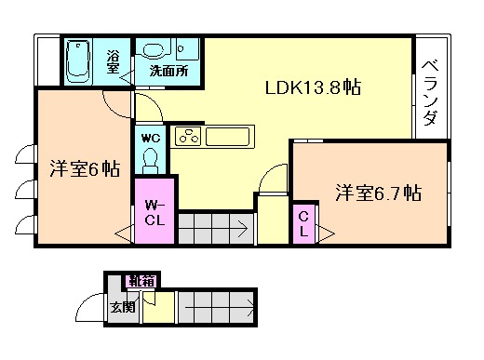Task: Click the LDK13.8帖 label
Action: pos(312,88)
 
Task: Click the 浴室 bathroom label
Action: pos(113,60)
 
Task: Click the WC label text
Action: pos(152,138)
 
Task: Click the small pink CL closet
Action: pos(304,224)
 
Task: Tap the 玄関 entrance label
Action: pos(121,306)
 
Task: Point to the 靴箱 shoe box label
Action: pos(141,279)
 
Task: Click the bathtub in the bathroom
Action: pos(79,60)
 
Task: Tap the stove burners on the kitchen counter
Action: pos(187,138)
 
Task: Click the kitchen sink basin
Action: pos(227,138)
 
